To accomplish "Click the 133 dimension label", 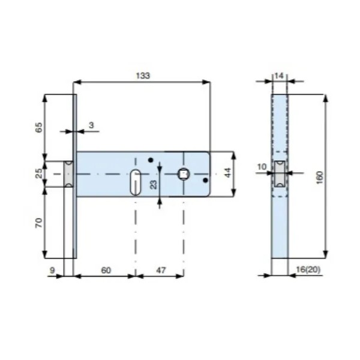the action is [x=143, y=76].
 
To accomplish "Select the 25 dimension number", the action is [x=39, y=173].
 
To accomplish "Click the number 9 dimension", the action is [x=52, y=270].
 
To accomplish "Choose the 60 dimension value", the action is [x=106, y=270].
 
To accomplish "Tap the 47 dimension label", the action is [x=161, y=270].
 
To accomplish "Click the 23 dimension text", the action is [x=154, y=185].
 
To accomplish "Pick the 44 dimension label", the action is [x=227, y=172].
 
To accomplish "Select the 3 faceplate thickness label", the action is [x=91, y=125].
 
